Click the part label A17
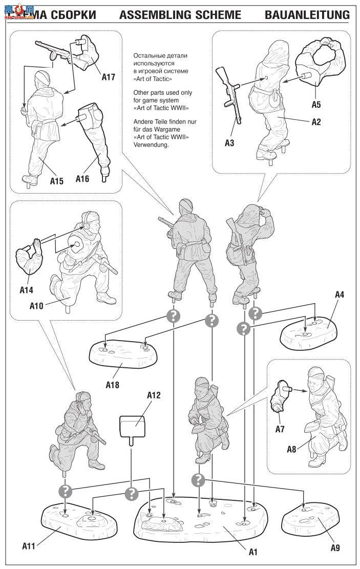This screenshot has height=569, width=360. [108, 78]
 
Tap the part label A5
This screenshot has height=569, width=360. [316, 104]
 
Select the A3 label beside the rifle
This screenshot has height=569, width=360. [229, 143]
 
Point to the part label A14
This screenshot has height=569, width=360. [27, 290]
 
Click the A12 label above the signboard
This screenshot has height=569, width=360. [154, 396]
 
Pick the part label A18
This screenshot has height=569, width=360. [112, 384]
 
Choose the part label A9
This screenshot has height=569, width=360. [335, 547]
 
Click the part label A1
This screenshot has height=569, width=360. [253, 552]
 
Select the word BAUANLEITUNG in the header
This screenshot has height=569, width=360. [307, 15]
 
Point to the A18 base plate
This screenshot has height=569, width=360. [122, 354]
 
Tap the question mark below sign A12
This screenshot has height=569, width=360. [132, 494]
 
